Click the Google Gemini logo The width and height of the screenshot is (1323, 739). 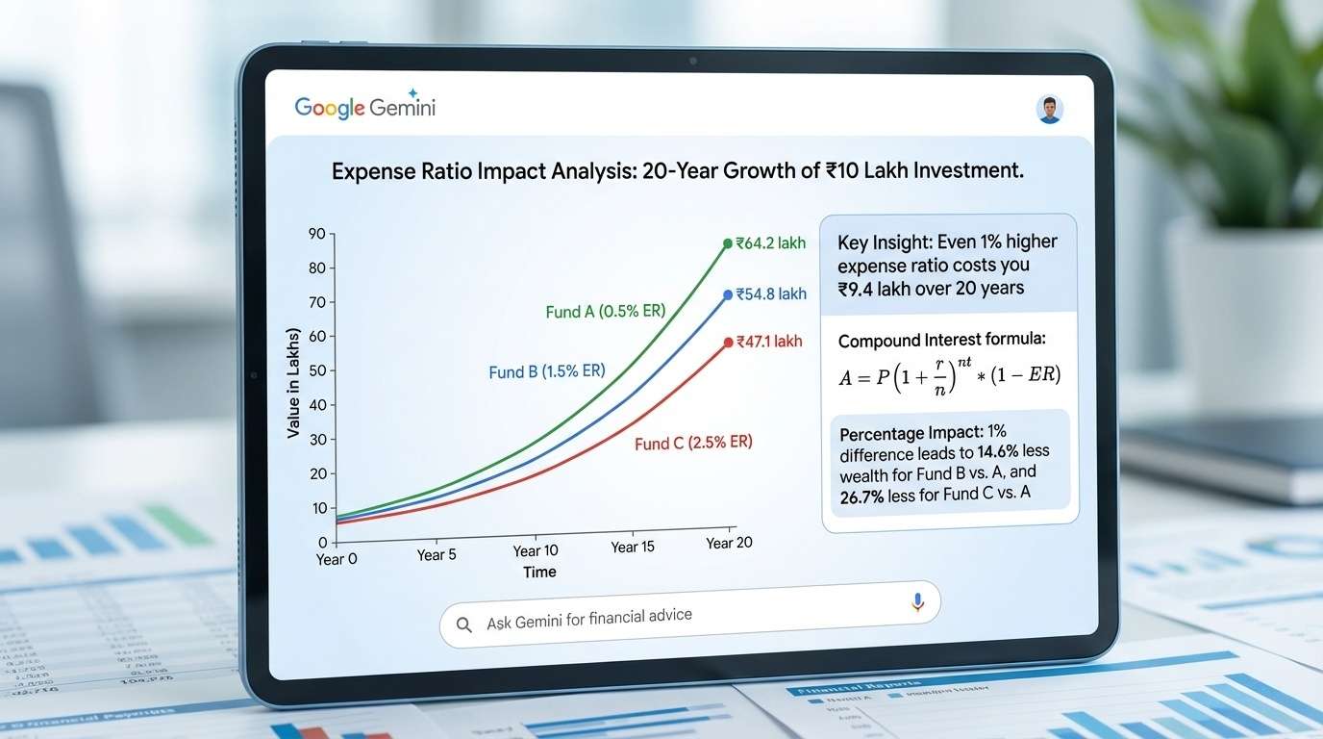(365, 106)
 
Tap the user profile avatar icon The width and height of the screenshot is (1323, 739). (1050, 109)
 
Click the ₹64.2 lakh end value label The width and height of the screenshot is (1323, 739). (770, 243)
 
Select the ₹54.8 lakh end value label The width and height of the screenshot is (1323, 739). (770, 294)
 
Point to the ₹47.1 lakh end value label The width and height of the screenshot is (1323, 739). (768, 342)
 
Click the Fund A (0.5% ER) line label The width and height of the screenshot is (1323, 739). (606, 311)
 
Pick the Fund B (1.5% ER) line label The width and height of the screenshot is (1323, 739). (547, 370)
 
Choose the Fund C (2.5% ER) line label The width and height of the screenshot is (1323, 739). (693, 443)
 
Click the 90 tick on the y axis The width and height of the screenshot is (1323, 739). (317, 234)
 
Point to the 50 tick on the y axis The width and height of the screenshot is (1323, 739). (317, 371)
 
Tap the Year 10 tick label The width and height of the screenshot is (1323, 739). (536, 550)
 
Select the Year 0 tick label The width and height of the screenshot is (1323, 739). (337, 558)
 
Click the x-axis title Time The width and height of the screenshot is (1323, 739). (539, 572)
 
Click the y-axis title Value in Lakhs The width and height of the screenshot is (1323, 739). (293, 383)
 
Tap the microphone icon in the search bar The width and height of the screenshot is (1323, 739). (917, 602)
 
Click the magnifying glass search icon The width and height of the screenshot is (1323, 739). (464, 624)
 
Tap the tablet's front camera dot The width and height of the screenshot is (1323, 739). (692, 61)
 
